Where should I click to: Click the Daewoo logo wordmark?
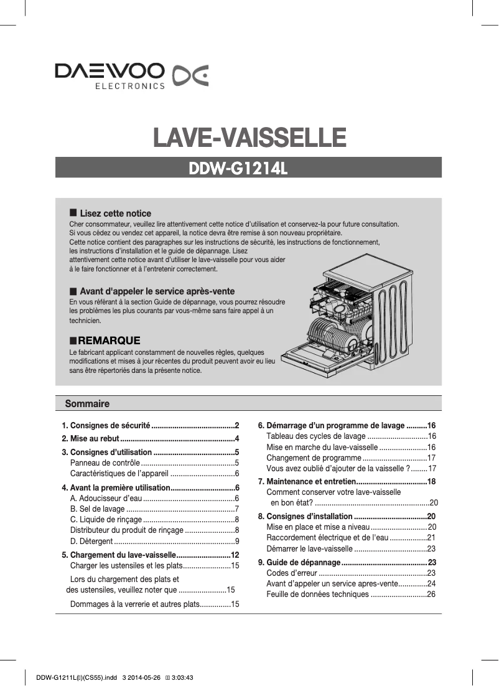pyautogui.click(x=109, y=71)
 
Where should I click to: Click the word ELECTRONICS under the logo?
pyautogui.click(x=129, y=86)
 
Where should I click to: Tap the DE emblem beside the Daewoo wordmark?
pyautogui.click(x=190, y=75)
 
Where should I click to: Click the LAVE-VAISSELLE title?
pyautogui.click(x=249, y=137)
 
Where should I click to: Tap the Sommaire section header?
pyautogui.click(x=87, y=404)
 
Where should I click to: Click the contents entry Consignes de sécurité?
pyautogui.click(x=110, y=426)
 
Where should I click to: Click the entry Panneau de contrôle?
pyautogui.click(x=105, y=463)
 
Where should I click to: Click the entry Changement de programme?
pyautogui.click(x=310, y=458)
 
